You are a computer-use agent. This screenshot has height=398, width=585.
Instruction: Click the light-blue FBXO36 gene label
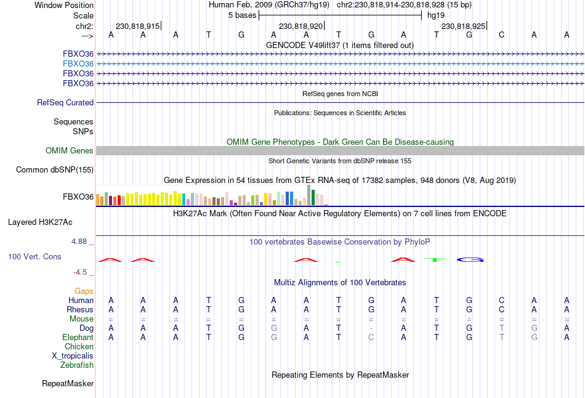(x=78, y=63)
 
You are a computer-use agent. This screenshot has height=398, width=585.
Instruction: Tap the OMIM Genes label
(x=70, y=151)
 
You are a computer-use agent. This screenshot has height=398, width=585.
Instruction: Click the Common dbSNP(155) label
(x=55, y=170)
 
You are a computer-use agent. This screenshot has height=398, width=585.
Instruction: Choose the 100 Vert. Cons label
(x=34, y=256)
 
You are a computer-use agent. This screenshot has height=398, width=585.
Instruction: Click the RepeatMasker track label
(x=68, y=384)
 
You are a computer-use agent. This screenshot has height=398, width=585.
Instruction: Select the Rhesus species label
(x=80, y=309)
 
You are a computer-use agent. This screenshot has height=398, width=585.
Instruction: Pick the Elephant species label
(x=78, y=338)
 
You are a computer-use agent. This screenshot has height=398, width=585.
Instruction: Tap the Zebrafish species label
(x=77, y=365)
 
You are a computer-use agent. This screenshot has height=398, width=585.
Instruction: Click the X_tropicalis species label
(x=73, y=356)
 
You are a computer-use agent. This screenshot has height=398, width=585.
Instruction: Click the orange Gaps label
(x=84, y=291)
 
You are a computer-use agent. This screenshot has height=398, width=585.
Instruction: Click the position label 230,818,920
(x=301, y=26)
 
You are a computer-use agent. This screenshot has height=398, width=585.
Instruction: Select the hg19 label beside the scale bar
(x=436, y=15)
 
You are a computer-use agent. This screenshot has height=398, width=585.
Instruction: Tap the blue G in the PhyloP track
(x=470, y=259)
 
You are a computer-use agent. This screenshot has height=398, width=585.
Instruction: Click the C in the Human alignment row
(x=502, y=300)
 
